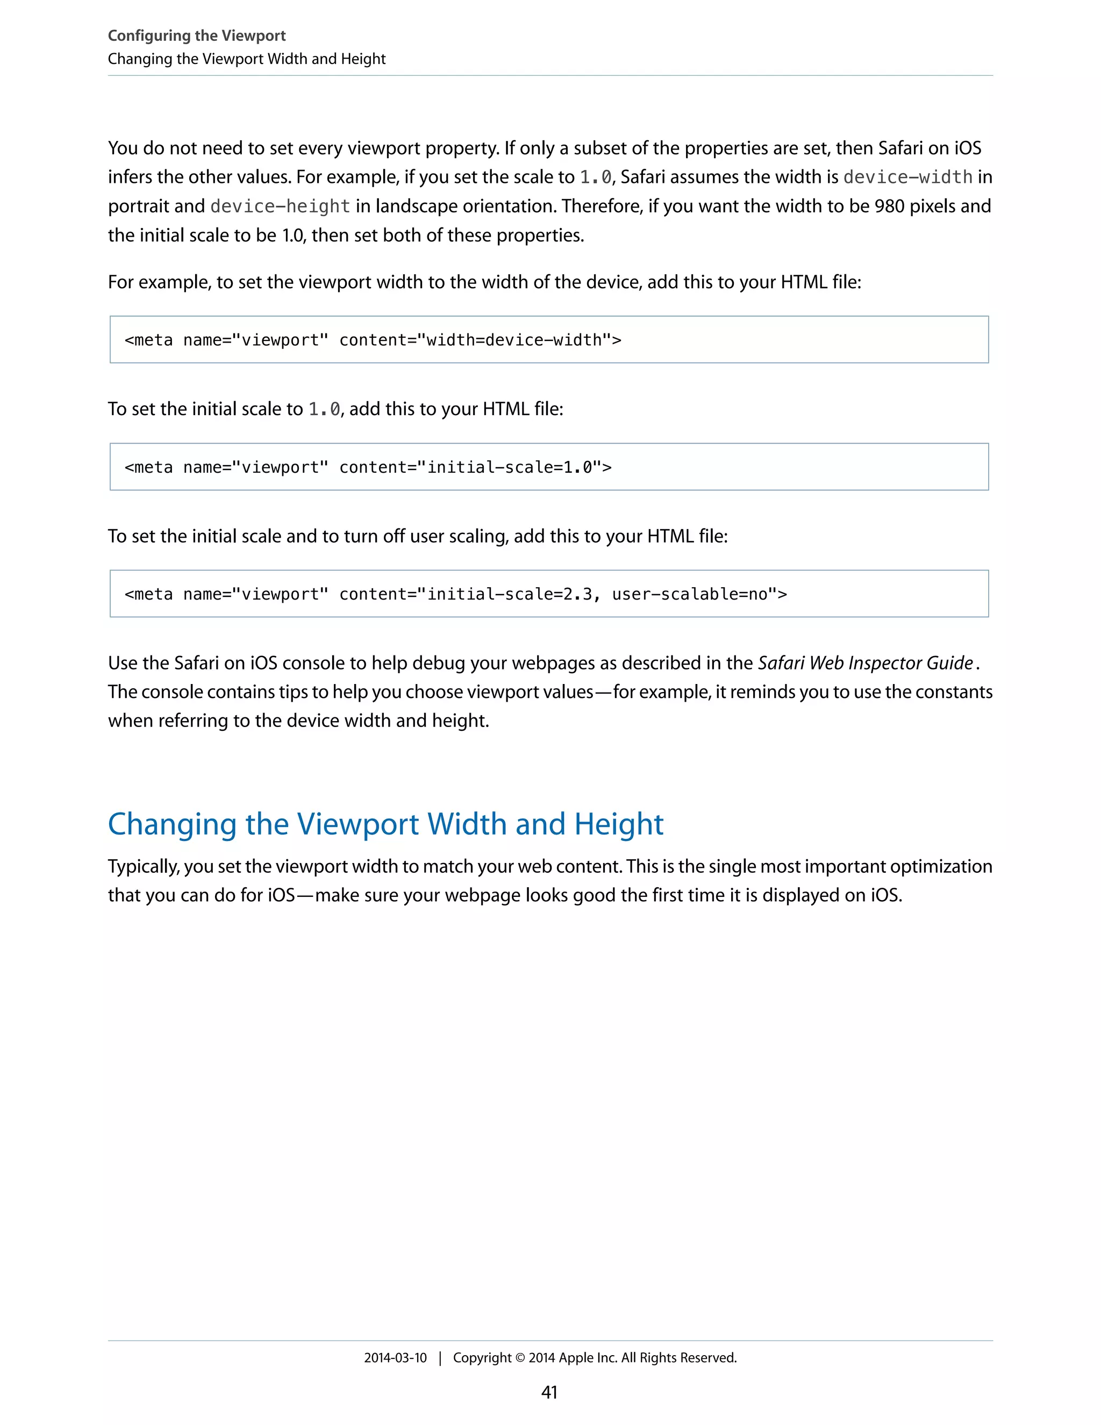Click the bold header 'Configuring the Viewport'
(196, 36)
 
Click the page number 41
(549, 1392)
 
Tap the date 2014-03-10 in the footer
(395, 1358)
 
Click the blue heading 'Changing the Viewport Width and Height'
(385, 824)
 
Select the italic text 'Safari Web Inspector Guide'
(865, 663)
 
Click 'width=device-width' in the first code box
(513, 340)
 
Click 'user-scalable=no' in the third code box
(689, 594)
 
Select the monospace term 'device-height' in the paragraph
(280, 206)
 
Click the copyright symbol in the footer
(520, 1358)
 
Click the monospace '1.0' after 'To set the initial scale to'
(324, 409)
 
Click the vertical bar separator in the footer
(440, 1358)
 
